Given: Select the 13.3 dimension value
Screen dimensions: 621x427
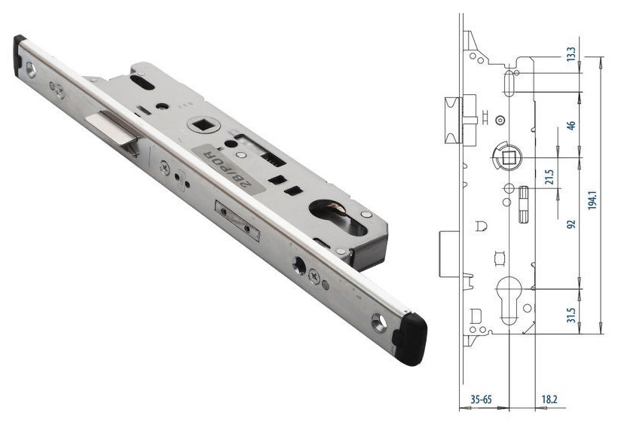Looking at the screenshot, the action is click(571, 53).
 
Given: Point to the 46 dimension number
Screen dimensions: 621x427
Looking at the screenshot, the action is click(571, 126).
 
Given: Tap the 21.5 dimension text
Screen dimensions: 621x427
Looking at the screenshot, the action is click(549, 177).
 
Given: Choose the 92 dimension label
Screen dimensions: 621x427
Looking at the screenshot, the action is click(571, 224).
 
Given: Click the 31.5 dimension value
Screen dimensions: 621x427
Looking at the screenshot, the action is click(571, 315).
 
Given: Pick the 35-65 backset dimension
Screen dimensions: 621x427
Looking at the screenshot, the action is click(481, 399).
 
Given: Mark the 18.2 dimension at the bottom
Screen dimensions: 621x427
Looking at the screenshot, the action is click(549, 399).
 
